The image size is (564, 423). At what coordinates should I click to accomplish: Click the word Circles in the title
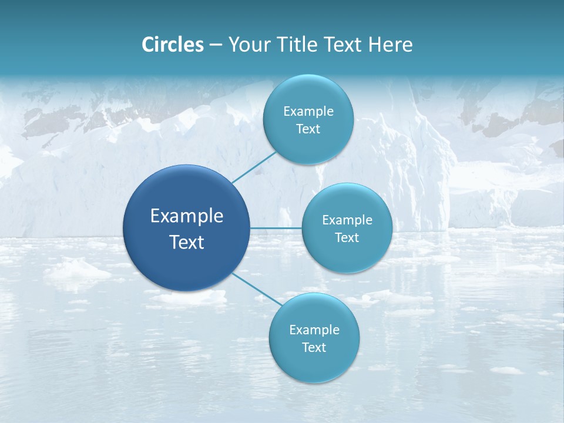pos(172,45)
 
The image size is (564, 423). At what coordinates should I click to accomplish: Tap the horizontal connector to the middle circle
pos(276,228)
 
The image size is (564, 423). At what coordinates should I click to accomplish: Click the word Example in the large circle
pos(186,216)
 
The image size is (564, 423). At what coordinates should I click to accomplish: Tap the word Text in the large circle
pos(186,242)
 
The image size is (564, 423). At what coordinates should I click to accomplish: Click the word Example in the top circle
pos(308,112)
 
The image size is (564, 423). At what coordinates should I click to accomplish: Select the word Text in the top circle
pos(308,129)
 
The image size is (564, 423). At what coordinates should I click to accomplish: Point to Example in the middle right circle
pos(347,220)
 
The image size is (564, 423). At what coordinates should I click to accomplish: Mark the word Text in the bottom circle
pos(314,348)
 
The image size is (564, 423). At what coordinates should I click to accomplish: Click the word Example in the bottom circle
pos(314,330)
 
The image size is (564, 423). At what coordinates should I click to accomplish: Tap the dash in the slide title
pos(216,45)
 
